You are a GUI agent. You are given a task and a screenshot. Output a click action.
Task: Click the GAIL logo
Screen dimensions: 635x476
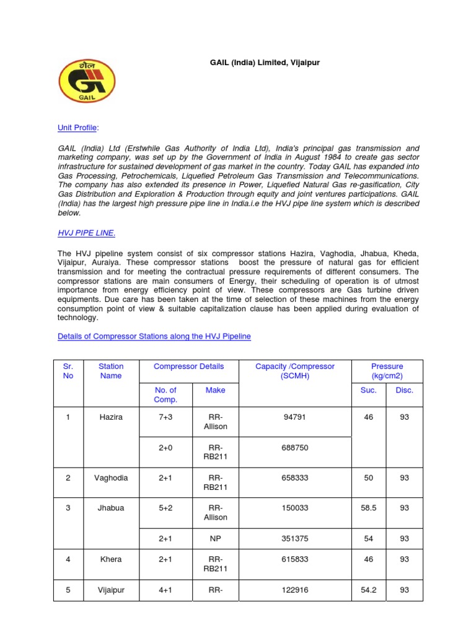pyautogui.click(x=87, y=81)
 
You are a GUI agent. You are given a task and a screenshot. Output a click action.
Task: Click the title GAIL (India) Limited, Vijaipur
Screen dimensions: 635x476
pyautogui.click(x=263, y=63)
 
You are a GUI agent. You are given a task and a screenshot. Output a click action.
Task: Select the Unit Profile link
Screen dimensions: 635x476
pyautogui.click(x=77, y=128)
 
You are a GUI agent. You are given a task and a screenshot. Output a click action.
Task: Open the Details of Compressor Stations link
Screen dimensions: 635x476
pyautogui.click(x=154, y=336)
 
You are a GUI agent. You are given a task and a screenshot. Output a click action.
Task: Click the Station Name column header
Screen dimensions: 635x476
pyautogui.click(x=111, y=371)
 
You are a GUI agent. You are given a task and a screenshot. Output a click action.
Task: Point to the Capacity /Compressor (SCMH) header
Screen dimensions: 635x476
pyautogui.click(x=295, y=371)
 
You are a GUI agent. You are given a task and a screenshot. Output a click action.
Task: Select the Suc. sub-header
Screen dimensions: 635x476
pyautogui.click(x=369, y=390)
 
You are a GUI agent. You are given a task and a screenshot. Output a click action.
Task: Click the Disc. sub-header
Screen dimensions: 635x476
pyautogui.click(x=404, y=390)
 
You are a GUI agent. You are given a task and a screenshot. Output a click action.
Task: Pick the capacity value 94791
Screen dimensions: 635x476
pyautogui.click(x=295, y=417)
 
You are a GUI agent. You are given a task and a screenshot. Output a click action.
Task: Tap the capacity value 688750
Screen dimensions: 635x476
pyautogui.click(x=295, y=448)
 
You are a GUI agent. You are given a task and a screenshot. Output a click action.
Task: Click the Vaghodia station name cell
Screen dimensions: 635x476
pyautogui.click(x=111, y=478)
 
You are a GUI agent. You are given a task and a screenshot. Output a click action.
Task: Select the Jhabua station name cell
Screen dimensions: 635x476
pyautogui.click(x=111, y=508)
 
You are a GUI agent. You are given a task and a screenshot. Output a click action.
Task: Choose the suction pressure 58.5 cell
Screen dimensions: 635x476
pyautogui.click(x=369, y=508)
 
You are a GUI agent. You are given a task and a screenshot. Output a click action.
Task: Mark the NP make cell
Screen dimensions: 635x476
pyautogui.click(x=216, y=539)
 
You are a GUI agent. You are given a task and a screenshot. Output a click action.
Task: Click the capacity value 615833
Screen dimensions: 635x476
pyautogui.click(x=295, y=559)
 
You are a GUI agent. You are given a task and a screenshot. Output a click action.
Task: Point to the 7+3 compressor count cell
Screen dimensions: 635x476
pyautogui.click(x=165, y=417)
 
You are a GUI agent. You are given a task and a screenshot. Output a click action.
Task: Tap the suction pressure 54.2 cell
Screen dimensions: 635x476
pyautogui.click(x=369, y=590)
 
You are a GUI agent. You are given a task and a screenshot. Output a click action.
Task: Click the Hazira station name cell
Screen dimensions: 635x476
pyautogui.click(x=111, y=417)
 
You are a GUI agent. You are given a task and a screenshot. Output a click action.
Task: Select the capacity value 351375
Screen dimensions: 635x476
pyautogui.click(x=295, y=539)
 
